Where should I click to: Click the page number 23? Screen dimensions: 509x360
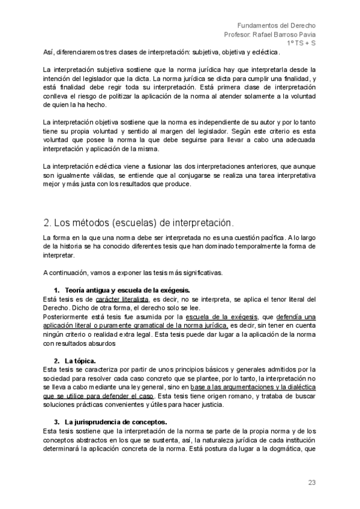(312, 482)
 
